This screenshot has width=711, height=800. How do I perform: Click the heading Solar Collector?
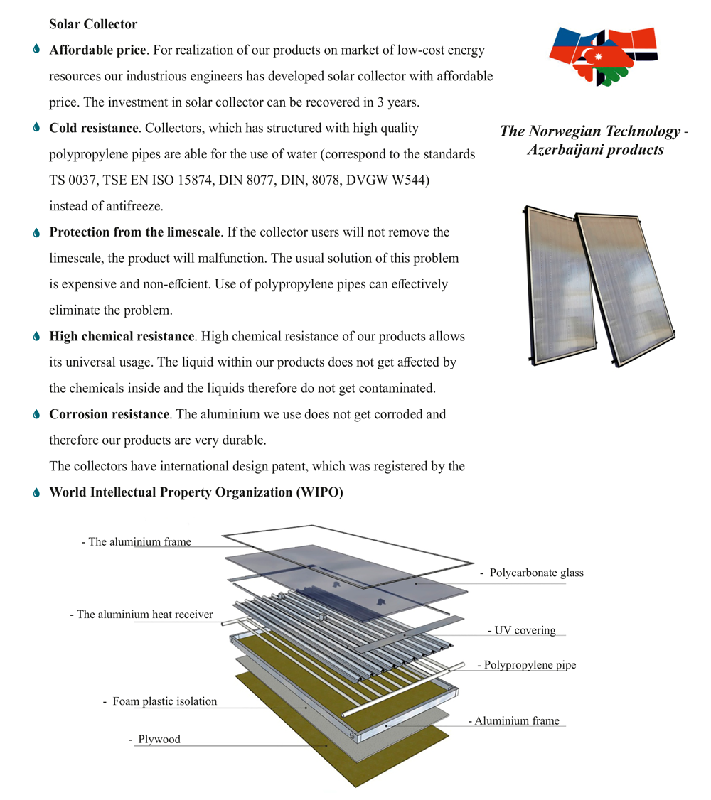[x=93, y=24]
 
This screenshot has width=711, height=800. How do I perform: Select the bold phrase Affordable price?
[x=97, y=50]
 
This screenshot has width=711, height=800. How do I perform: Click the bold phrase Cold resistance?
[x=93, y=129]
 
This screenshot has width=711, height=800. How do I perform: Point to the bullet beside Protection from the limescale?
[x=36, y=232]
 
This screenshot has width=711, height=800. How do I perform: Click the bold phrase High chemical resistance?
[x=122, y=336]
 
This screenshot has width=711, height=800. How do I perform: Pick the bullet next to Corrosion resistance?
[x=36, y=414]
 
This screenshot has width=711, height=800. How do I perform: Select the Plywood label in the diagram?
[x=159, y=739]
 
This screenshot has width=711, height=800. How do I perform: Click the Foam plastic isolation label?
[x=164, y=701]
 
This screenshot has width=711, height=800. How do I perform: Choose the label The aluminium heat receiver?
[x=144, y=615]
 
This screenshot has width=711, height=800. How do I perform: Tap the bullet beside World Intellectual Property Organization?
[x=36, y=492]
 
